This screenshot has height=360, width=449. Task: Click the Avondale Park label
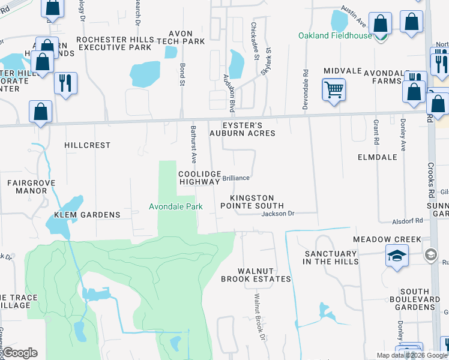[x=176, y=206]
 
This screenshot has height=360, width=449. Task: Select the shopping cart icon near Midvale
[x=334, y=89]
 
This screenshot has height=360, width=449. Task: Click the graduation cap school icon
[x=396, y=256]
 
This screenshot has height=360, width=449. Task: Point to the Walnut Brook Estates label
[x=256, y=275]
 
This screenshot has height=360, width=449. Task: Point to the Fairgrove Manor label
[x=27, y=187]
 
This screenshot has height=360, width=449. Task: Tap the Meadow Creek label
[x=387, y=239]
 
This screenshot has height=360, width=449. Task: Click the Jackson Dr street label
[x=278, y=213]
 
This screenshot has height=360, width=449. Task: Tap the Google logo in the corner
[x=20, y=353]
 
